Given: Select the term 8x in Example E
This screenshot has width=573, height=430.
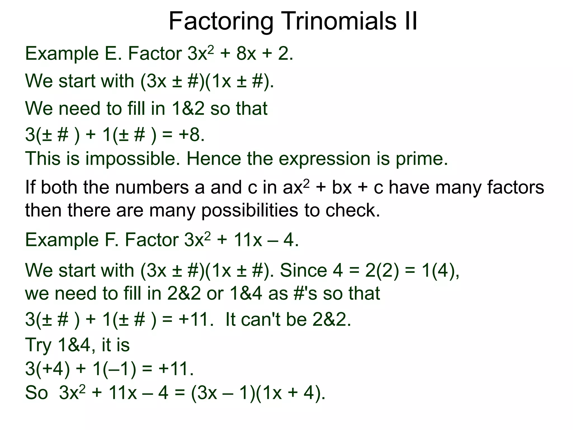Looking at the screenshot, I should pyautogui.click(x=246, y=53).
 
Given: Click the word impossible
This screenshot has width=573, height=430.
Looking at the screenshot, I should pyautogui.click(x=133, y=159).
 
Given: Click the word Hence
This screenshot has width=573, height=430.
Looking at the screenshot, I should pyautogui.click(x=213, y=159).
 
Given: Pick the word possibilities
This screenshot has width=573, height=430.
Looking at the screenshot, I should pyautogui.click(x=250, y=211).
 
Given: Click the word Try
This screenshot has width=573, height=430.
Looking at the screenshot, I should pyautogui.click(x=38, y=345).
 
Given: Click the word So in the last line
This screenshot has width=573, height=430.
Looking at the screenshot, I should pyautogui.click(x=36, y=393).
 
